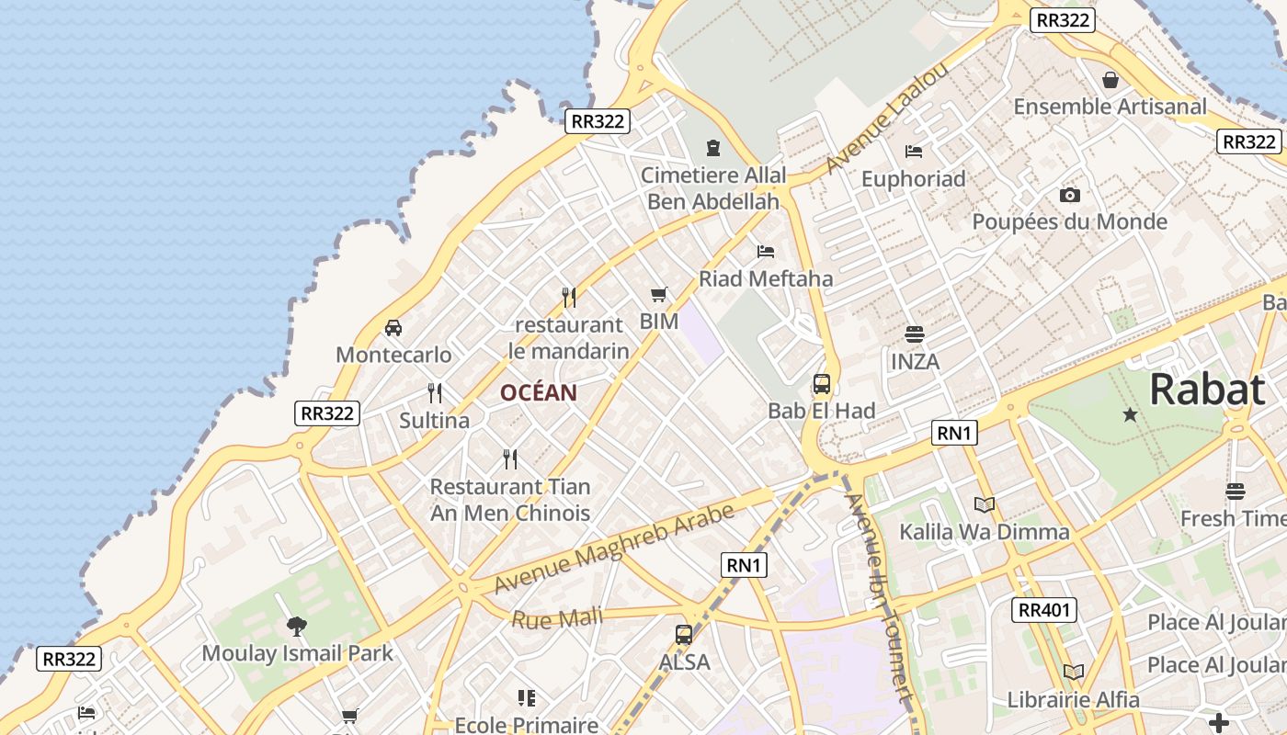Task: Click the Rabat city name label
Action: [1207, 390]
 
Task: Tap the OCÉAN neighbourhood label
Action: [539, 393]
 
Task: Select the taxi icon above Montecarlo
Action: [393, 328]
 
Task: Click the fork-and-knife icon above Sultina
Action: [435, 393]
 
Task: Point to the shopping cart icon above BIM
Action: [658, 295]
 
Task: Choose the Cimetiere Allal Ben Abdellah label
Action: [713, 188]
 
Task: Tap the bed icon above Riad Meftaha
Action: [766, 251]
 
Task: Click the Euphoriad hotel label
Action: [913, 179]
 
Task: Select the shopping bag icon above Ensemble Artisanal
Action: [1110, 80]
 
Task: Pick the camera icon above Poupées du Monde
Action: [1069, 195]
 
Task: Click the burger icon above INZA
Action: [914, 334]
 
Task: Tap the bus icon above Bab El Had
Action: [822, 384]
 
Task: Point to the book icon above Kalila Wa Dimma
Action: [984, 504]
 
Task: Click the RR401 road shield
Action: [1046, 609]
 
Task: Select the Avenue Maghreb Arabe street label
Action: [614, 548]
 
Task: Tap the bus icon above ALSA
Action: [684, 634]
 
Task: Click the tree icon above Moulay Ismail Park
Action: [296, 627]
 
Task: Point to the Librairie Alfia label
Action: [1073, 700]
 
